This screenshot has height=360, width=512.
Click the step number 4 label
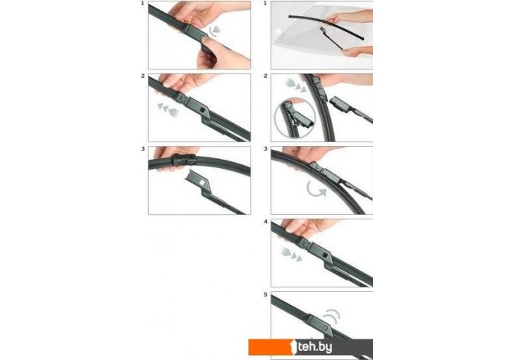tap(265, 222)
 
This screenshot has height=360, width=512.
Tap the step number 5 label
tap(265, 295)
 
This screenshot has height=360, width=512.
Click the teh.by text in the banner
tap(315, 347)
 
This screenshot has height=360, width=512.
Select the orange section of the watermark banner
tap(272, 347)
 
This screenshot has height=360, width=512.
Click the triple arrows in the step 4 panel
tap(291, 255)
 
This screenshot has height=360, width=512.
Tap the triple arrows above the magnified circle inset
tap(296, 85)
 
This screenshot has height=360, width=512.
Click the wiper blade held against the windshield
tap(326, 26)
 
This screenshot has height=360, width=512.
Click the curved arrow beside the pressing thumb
tap(215, 31)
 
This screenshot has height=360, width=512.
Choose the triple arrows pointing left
tap(167, 109)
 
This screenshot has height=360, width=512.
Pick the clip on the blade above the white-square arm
tap(184, 160)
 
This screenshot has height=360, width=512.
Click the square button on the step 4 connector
tap(325, 255)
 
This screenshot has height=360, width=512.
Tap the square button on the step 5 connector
tap(325, 328)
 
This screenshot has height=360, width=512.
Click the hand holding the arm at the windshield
tap(358, 51)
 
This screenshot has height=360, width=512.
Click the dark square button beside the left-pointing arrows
tap(203, 110)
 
